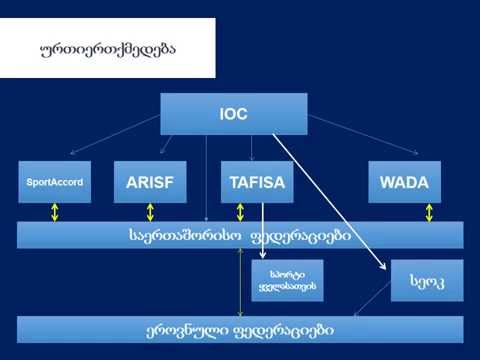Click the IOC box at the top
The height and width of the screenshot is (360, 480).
click(233, 114)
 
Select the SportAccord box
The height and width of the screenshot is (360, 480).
click(54, 182)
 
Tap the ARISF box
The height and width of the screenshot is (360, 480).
click(149, 182)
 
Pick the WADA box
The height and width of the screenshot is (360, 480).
click(404, 182)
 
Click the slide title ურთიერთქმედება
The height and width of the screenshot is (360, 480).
click(111, 49)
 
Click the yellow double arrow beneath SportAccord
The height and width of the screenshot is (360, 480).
click(55, 212)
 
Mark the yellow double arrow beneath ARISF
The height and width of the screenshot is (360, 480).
click(150, 212)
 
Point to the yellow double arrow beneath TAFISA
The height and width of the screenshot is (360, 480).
click(240, 212)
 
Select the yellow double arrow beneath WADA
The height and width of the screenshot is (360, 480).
click(429, 212)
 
